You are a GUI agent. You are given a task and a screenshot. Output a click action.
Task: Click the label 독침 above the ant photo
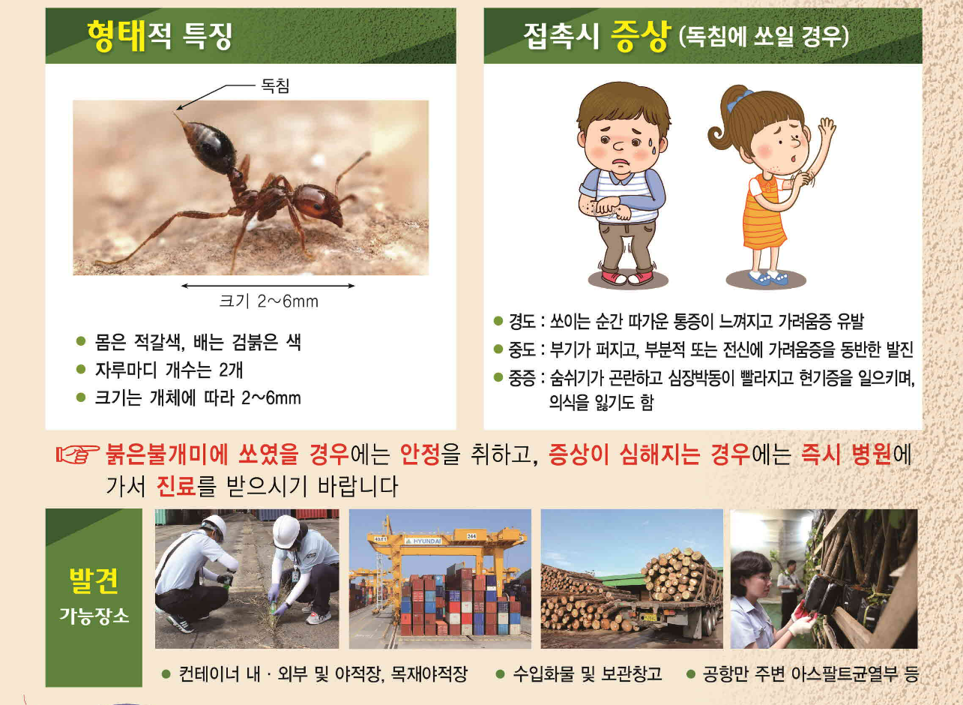click(x=274, y=86)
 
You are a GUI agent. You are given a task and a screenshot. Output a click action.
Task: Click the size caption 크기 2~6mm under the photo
click(x=268, y=301)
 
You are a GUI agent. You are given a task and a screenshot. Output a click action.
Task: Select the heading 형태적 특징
click(x=159, y=34)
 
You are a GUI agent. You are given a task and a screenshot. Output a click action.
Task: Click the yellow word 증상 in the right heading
click(x=639, y=37)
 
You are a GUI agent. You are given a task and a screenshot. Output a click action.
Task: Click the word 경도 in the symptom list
click(x=522, y=322)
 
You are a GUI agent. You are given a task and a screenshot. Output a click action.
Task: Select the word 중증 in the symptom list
click(x=522, y=377)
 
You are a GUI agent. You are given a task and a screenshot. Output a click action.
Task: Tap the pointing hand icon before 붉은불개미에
click(x=77, y=454)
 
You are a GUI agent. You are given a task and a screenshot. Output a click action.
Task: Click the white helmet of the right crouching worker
click(x=286, y=529)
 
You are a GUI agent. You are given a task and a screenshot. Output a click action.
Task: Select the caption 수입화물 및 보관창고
click(x=587, y=673)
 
